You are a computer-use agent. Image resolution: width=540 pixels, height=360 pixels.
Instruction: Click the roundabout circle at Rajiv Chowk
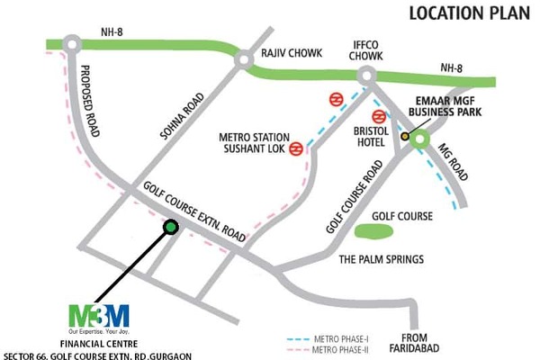click(x=243, y=60)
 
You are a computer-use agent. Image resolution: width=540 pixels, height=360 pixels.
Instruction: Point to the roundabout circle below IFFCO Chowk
click(x=365, y=78)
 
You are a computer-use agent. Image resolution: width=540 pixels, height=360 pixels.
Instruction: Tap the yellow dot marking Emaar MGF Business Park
click(x=406, y=137)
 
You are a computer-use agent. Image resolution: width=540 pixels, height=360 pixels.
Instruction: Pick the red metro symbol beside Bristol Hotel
click(x=380, y=116)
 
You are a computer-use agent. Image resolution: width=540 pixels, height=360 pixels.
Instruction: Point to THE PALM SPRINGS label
click(x=381, y=259)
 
